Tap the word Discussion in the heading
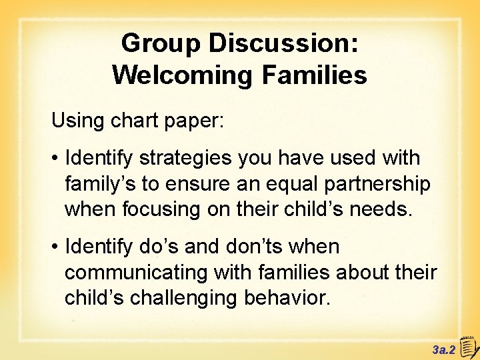coord(284,44)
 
